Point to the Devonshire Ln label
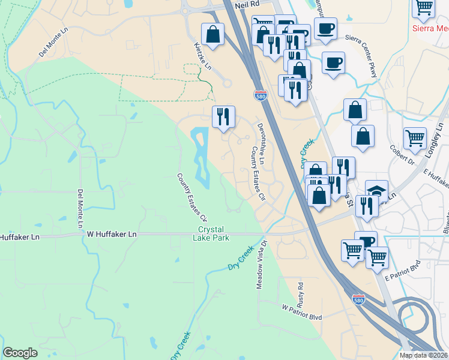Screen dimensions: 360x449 tap(265, 137)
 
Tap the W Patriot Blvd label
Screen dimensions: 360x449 tap(302, 307)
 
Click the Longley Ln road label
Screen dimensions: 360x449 tap(436, 139)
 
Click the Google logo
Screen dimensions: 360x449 tap(20, 353)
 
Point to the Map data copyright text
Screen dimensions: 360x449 tap(424, 355)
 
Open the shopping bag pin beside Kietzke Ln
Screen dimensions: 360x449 tap(212, 34)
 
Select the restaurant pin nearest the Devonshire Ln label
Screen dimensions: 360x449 tap(223, 116)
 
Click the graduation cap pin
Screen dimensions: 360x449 tap(376, 191)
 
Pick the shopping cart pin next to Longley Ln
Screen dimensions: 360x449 tap(415, 139)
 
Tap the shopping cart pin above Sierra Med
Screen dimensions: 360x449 tap(424, 7)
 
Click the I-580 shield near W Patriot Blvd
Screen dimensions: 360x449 tap(358, 298)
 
